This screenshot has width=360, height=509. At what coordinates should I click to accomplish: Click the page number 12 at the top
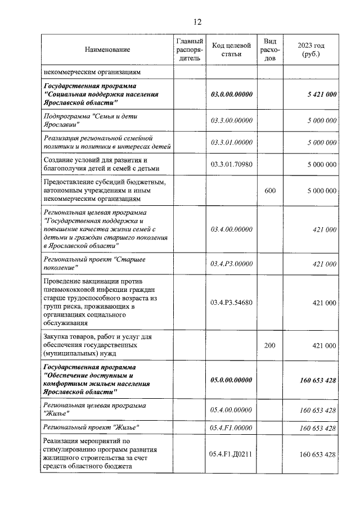tap(197, 22)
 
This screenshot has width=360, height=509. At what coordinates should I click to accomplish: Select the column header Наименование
tap(107, 50)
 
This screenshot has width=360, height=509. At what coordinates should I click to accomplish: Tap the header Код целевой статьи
tap(231, 49)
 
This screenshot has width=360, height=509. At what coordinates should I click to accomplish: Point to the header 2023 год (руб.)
tap(310, 49)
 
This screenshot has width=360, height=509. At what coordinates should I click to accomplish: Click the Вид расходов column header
tap(270, 50)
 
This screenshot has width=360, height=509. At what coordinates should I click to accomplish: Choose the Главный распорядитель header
tap(190, 50)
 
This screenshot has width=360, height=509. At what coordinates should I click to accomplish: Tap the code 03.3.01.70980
tap(231, 164)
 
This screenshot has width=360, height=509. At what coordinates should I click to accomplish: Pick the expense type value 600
tap(270, 191)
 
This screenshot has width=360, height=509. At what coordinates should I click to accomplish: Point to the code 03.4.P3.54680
tap(231, 303)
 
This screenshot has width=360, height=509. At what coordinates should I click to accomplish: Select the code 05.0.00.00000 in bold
tap(231, 380)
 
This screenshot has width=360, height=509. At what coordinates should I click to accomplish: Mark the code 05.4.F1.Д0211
tap(231, 454)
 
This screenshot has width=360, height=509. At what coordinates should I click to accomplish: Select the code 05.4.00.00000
tap(231, 410)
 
